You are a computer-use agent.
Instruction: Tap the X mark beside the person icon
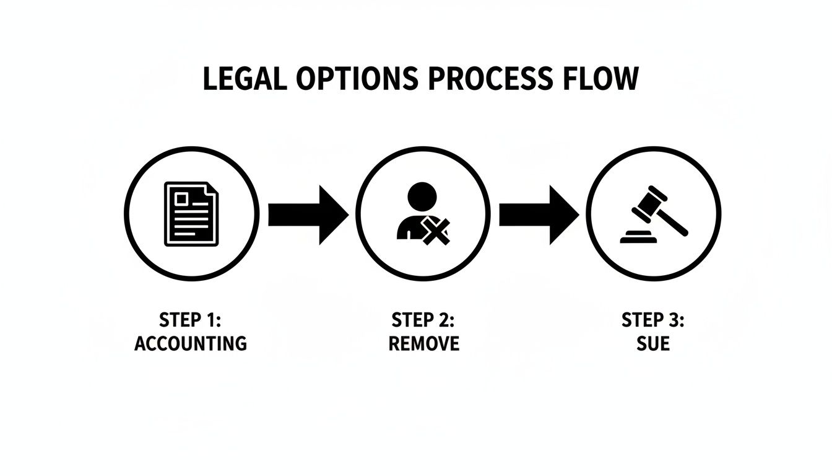tap(436, 231)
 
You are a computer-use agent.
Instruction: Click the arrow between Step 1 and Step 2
tap(307, 214)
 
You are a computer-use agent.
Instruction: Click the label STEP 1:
tap(190, 320)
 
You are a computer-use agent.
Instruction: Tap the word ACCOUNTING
tap(191, 343)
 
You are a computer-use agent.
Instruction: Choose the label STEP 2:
tap(423, 320)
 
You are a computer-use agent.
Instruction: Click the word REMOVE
tap(423, 343)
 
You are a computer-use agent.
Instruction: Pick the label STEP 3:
tap(653, 320)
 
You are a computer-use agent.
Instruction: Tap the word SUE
tap(653, 343)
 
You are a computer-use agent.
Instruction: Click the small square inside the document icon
tap(182, 198)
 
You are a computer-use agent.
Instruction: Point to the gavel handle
tap(675, 223)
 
